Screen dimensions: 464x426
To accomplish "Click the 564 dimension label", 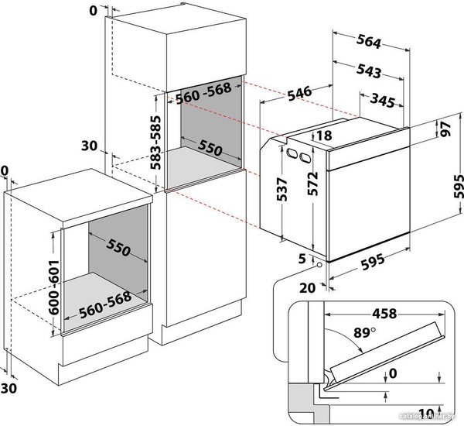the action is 368,41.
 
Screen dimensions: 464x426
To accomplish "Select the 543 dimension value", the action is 368,70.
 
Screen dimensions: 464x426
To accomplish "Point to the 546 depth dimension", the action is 299,93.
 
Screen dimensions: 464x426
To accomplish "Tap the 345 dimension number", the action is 382,100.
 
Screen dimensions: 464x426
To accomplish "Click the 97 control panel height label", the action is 445,129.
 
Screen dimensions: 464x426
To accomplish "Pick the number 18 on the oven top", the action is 324,136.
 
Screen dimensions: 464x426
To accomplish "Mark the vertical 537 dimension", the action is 282,190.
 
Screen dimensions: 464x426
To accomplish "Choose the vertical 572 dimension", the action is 312,184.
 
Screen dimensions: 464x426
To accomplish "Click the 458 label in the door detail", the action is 384,314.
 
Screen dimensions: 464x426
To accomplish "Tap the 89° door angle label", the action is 364,333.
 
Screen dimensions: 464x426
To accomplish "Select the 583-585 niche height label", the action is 155,143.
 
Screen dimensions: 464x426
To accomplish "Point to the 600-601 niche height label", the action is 54,287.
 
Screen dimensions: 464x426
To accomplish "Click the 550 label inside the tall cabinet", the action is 210,148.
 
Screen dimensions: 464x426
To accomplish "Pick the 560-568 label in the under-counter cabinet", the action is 105,305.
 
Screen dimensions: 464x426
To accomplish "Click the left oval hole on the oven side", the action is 292,153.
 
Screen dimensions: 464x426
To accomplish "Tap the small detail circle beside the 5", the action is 319,265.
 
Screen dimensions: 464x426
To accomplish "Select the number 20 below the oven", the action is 308,288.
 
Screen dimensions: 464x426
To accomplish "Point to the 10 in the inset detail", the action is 426,414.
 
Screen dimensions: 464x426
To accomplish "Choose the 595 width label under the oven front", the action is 373,263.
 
